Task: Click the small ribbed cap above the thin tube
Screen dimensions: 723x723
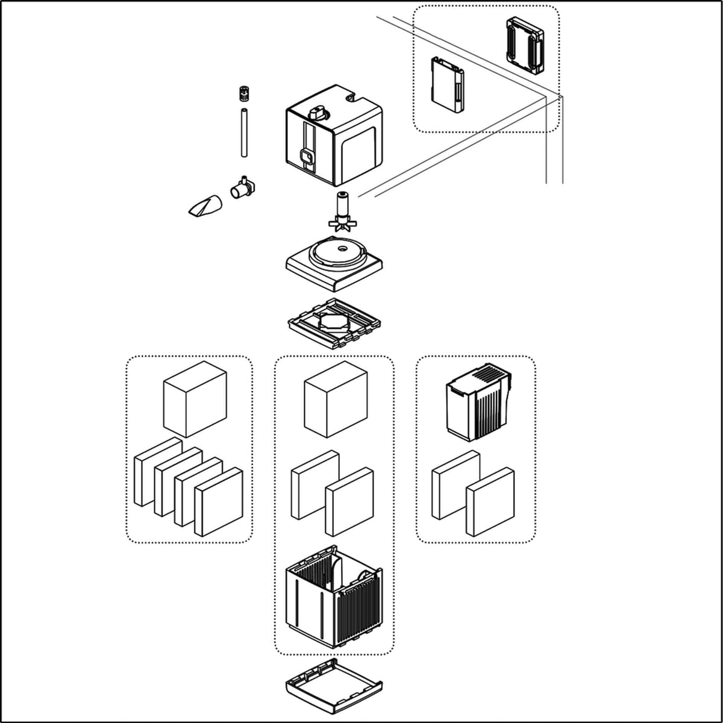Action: (x=243, y=94)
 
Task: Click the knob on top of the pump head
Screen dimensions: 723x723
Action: (x=317, y=113)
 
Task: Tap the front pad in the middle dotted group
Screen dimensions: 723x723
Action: (x=349, y=501)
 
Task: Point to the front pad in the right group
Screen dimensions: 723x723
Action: (x=490, y=501)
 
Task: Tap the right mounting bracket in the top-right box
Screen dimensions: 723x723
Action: (x=525, y=45)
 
